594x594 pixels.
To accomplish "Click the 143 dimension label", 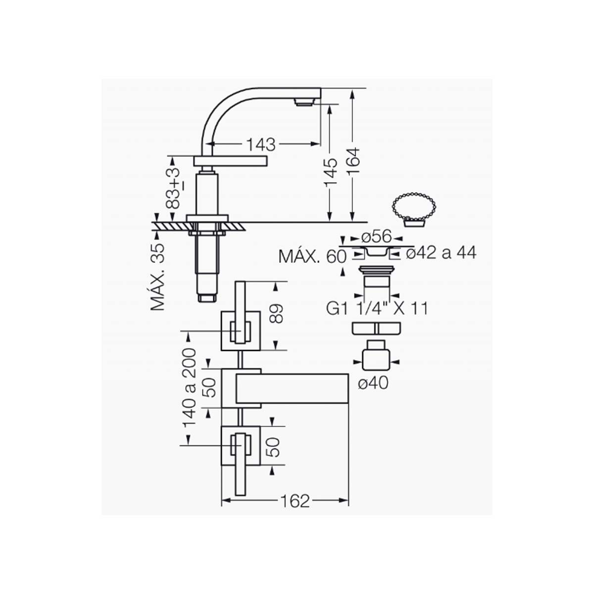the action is (261, 145).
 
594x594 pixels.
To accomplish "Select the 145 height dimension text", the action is (331, 173).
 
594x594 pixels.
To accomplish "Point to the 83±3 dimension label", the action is (174, 189).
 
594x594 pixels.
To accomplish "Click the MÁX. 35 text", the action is (157, 277).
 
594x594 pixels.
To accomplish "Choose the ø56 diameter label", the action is (376, 237).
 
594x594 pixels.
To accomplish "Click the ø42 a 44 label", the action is (441, 253).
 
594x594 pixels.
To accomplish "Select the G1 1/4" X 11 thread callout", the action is (377, 308).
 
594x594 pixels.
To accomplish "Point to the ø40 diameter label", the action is (373, 384).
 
